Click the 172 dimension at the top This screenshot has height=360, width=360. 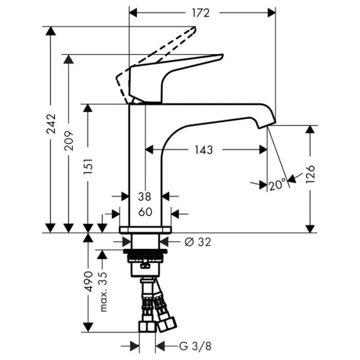tap(200, 13)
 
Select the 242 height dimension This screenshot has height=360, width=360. tap(51, 124)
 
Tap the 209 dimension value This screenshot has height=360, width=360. tap(68, 141)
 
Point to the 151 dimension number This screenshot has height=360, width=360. tap(88, 166)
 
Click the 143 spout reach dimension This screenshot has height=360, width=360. tap(204, 150)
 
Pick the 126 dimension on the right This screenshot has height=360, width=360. tap(310, 174)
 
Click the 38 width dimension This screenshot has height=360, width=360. tap(145, 197)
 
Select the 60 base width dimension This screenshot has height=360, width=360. tap(145, 212)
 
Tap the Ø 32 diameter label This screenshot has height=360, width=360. tap(197, 242)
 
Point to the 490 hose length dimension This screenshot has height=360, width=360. tap(88, 281)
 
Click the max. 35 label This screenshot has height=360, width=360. tap(104, 292)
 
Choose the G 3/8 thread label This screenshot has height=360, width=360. tap(195, 346)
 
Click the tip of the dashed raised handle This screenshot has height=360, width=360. tap(195, 28)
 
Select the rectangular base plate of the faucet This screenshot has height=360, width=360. tap(145, 230)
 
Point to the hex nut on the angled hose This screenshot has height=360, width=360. tap(167, 325)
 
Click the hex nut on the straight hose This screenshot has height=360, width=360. tap(148, 327)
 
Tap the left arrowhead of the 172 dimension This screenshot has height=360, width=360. tap(133, 13)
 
